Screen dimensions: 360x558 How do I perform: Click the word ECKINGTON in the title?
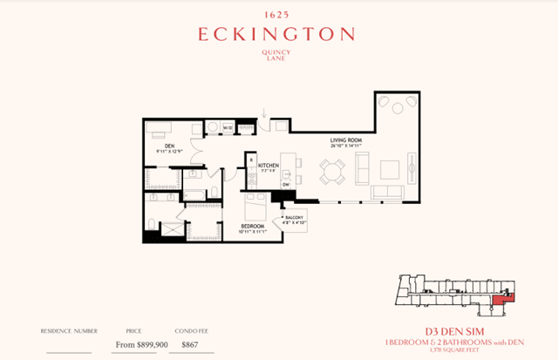click(276, 35)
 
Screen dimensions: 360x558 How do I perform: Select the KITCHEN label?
click(269, 166)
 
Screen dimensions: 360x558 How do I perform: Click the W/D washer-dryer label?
click(228, 128)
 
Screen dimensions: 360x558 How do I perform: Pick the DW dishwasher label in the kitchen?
click(285, 185)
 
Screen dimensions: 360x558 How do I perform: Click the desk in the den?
click(160, 130)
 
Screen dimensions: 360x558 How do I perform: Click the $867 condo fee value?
click(191, 345)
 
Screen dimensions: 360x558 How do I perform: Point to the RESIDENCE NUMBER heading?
click(68, 331)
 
